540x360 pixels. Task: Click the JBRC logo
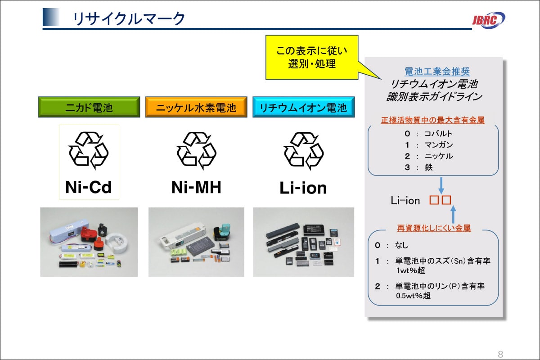[x=488, y=19]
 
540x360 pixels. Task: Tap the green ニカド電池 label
[x=89, y=108]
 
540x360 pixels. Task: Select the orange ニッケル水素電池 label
[x=196, y=108]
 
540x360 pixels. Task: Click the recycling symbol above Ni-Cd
[x=89, y=151]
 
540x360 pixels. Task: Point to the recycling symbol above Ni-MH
[x=196, y=151]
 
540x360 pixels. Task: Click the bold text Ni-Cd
[x=89, y=187]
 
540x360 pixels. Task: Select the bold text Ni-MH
[x=196, y=187]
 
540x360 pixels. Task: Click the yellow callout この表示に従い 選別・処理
[x=312, y=57]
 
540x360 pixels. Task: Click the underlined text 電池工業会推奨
[x=431, y=72]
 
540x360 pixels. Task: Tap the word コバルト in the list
[x=438, y=134]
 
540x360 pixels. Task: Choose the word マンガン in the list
[x=438, y=145]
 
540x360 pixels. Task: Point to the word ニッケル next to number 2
[x=438, y=156]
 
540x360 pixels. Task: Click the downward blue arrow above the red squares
[x=441, y=185]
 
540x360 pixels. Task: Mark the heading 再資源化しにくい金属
[x=434, y=228]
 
